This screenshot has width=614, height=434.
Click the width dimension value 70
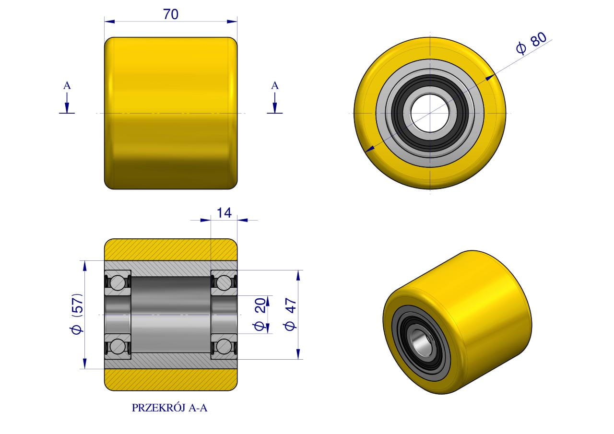click(171, 14)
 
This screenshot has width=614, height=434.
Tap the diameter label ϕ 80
click(531, 44)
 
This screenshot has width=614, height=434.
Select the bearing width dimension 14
click(224, 212)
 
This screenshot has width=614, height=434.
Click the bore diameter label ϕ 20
click(260, 314)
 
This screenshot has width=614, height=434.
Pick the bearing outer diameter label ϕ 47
click(290, 314)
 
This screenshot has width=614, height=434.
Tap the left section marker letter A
click(67, 86)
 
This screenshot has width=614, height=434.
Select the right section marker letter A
click(275, 86)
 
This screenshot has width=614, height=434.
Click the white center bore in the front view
click(430, 113)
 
